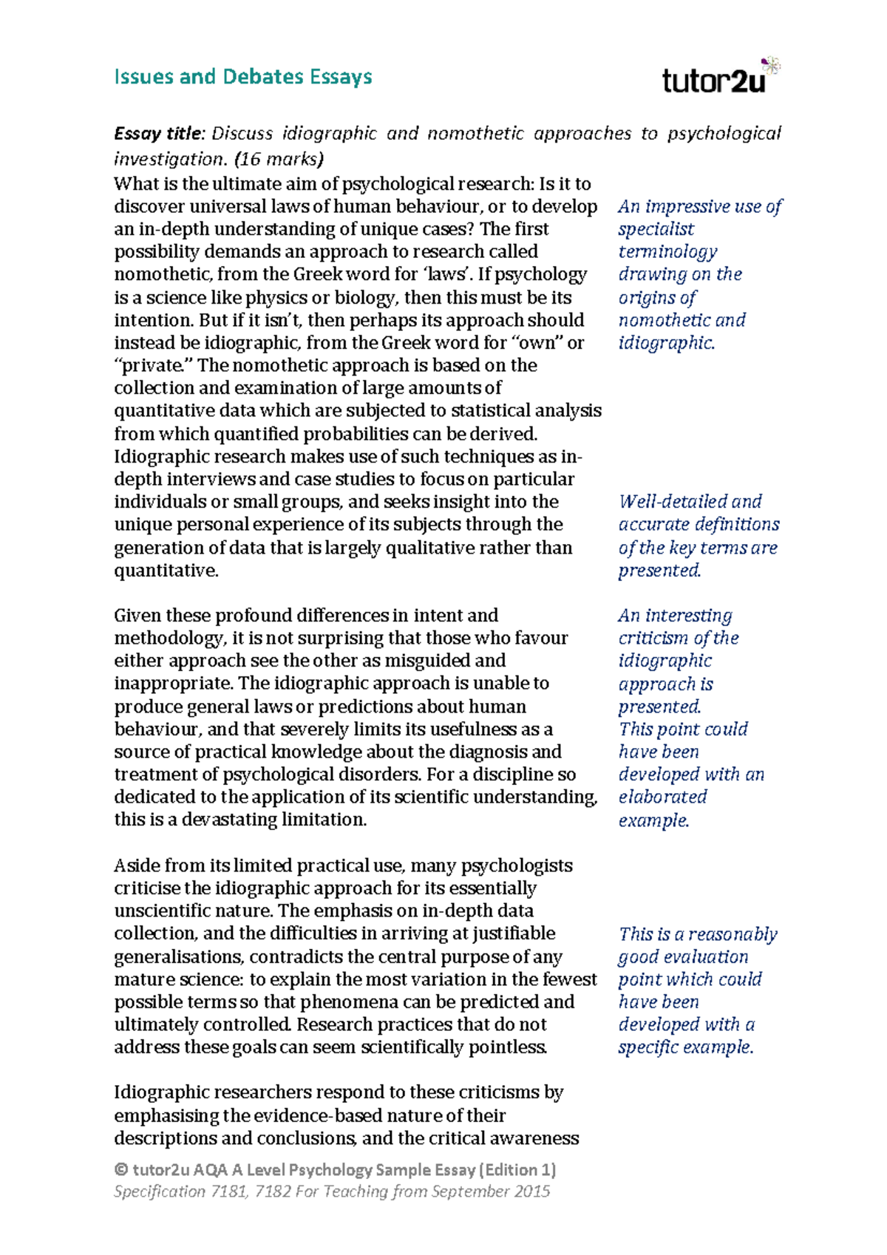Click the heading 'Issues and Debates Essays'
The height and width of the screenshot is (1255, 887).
(x=242, y=77)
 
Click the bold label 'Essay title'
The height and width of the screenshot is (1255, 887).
(x=157, y=134)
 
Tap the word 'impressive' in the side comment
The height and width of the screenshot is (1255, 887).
(x=690, y=207)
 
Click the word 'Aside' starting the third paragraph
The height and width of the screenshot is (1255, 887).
(x=137, y=865)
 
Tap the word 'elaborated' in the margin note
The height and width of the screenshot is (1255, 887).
(x=662, y=797)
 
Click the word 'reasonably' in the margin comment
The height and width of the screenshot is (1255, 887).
(x=733, y=934)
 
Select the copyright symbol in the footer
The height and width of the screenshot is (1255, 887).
(x=121, y=1170)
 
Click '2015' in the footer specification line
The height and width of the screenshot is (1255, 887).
(x=530, y=1191)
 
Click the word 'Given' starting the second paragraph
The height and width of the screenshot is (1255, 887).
(x=137, y=616)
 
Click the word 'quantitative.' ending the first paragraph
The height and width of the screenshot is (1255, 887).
(x=166, y=571)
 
